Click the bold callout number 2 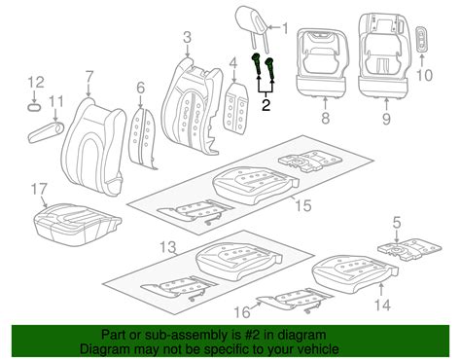tap(266, 105)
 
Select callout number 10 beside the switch tap(424, 75)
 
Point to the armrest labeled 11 tap(46, 132)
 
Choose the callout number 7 tap(89, 78)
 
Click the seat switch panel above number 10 tap(421, 39)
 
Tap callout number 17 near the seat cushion tap(39, 190)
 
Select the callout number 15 tap(303, 206)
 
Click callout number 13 tap(169, 247)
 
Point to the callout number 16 tap(242, 312)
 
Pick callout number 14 tap(382, 305)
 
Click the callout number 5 tap(397, 223)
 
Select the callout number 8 tap(325, 118)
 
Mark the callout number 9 tap(386, 119)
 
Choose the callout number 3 tap(188, 38)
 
